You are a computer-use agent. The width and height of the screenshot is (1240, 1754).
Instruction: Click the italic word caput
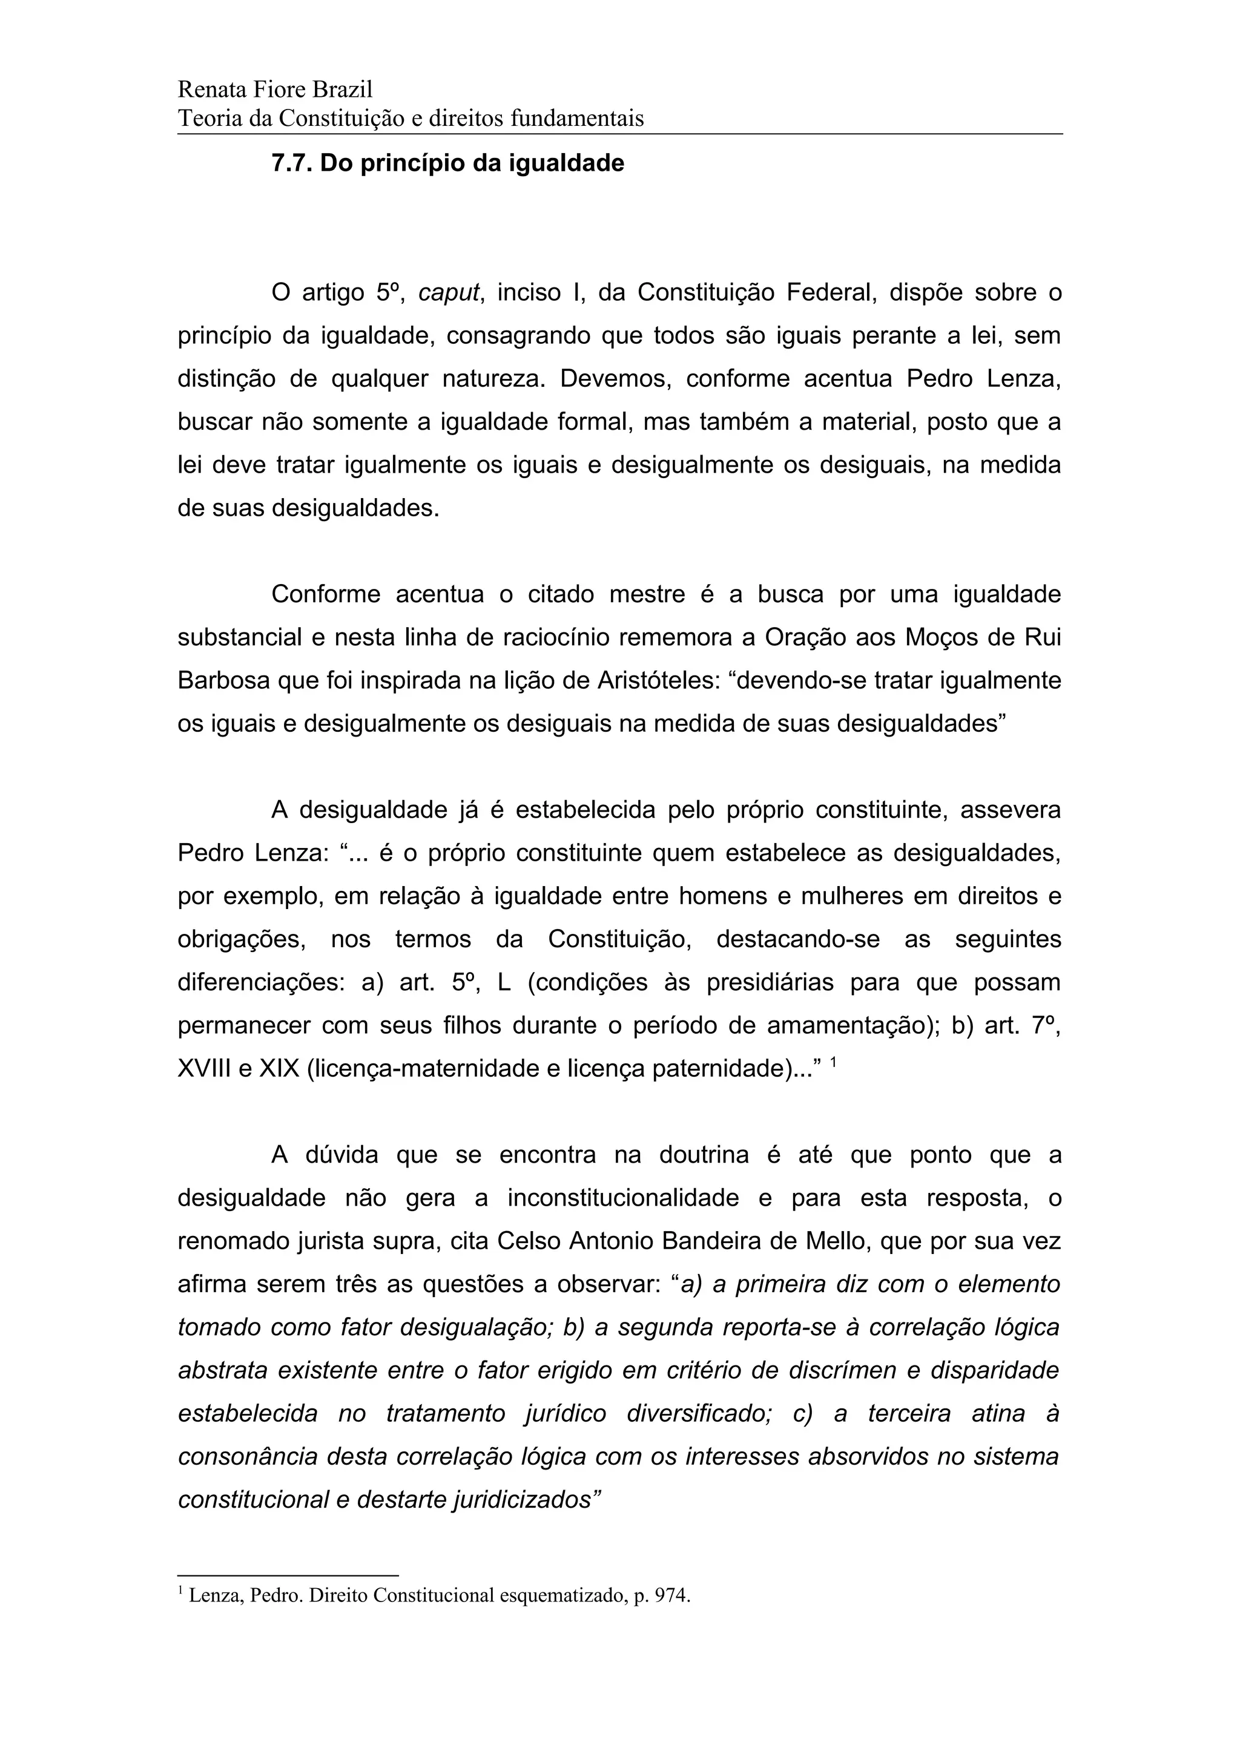click(x=449, y=292)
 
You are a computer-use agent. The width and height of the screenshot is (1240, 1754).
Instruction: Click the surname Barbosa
click(x=223, y=680)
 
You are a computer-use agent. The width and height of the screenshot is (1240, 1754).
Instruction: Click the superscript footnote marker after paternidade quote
click(x=834, y=1060)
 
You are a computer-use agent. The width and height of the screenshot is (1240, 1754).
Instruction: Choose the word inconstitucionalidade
click(x=622, y=1198)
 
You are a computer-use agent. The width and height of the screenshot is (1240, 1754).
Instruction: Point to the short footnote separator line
click(x=288, y=1574)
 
